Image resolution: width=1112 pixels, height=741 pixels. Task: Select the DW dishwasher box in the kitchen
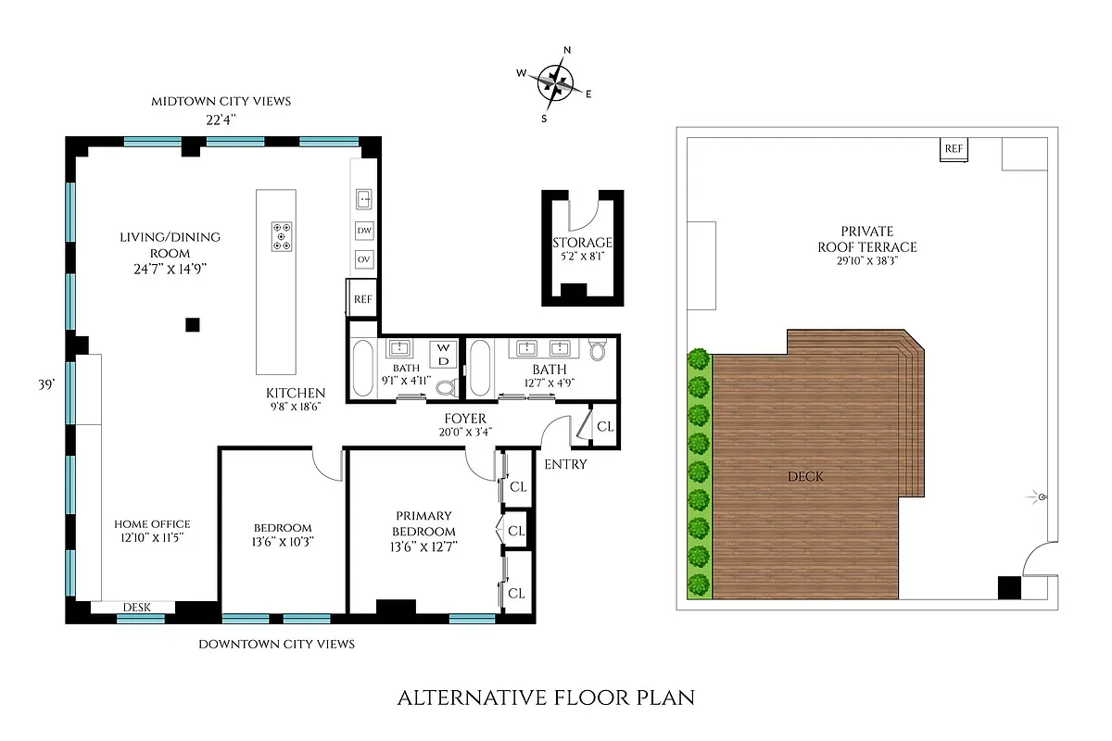coord(364,230)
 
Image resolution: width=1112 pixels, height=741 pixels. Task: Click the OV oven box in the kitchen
coord(364,259)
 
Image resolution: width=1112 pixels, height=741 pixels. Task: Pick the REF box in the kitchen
coord(363,299)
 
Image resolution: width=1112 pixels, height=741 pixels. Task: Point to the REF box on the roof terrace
coord(953,149)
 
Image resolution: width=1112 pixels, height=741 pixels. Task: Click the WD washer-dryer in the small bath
coord(443,353)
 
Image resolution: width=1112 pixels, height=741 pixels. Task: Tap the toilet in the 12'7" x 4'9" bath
coord(598,349)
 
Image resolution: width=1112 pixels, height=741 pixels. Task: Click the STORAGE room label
coord(583,243)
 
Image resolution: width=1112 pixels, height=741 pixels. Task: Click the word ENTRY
coord(565,464)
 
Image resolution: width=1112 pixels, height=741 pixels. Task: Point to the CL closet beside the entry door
coord(604,426)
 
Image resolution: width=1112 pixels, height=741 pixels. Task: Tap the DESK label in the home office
coord(135,608)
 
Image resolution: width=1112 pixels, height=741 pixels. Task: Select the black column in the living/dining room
coord(192,323)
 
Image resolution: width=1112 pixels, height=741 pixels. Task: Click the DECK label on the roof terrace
coord(804,476)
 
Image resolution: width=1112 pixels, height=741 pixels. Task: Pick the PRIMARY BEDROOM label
coord(423,523)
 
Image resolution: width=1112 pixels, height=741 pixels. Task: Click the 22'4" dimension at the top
coord(221,119)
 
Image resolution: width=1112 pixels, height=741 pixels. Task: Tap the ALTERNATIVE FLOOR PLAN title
coord(546,697)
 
